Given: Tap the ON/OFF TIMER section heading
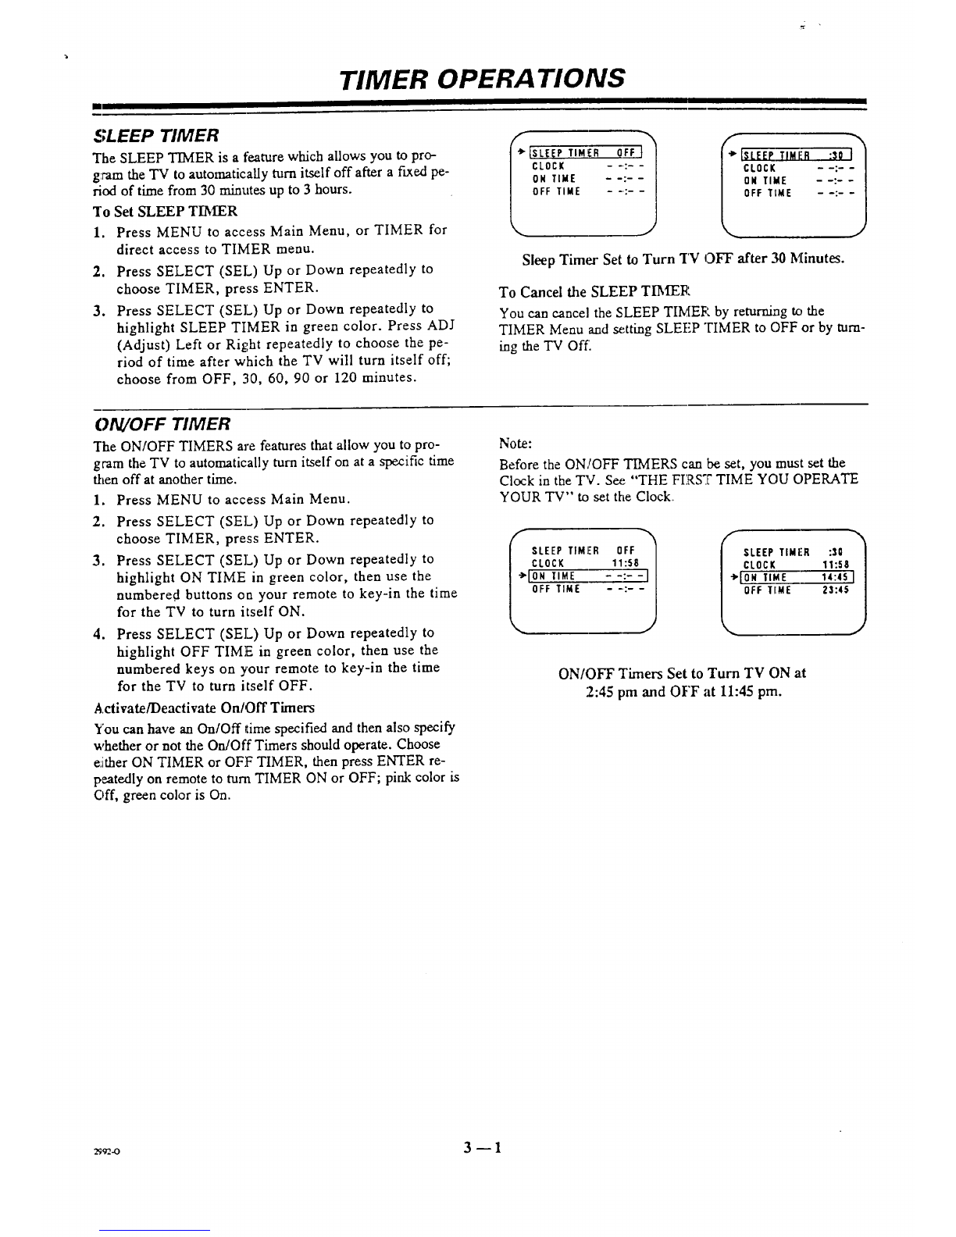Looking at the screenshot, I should point(162,424).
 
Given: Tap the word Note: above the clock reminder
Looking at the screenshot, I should point(515,444).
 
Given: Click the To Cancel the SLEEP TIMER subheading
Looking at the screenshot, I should point(594,292).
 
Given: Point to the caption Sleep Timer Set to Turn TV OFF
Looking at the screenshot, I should point(683,258).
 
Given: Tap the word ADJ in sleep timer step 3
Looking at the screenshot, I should point(443,325).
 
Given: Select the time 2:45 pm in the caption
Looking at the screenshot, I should point(615,692).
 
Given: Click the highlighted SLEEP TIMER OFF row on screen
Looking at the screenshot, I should point(586,152).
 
